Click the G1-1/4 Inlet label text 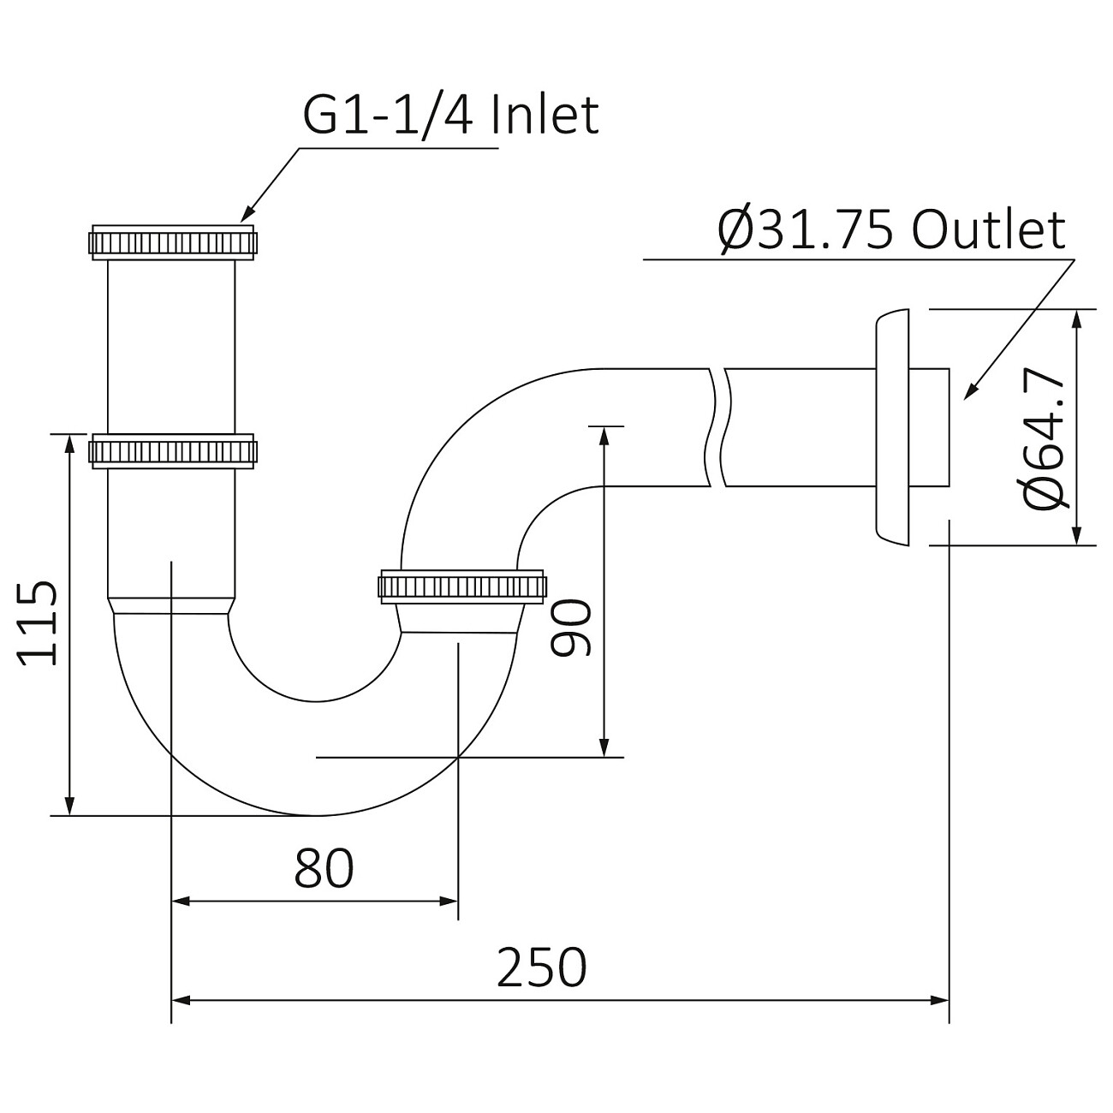[x=450, y=116]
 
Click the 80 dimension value [x=324, y=868]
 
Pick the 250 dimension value [x=542, y=967]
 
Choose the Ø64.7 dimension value [x=1045, y=441]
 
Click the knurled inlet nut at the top [x=172, y=242]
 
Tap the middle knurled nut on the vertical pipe [x=172, y=450]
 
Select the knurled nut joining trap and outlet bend [x=461, y=587]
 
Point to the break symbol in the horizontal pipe [x=718, y=427]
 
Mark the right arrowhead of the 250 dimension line [x=941, y=999]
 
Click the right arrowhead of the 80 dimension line [x=450, y=901]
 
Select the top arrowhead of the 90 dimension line [x=604, y=434]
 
